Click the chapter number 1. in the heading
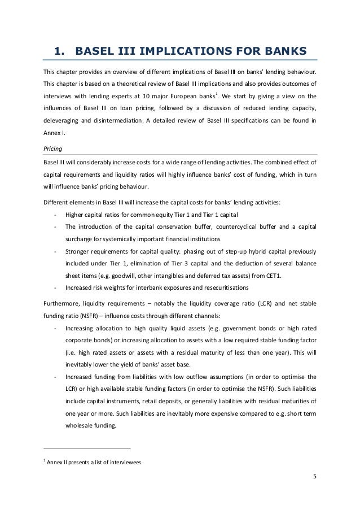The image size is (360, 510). (x=60, y=53)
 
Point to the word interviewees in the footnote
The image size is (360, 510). (x=125, y=463)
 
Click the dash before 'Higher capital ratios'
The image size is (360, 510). (x=54, y=215)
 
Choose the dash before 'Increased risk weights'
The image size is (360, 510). (x=54, y=287)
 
